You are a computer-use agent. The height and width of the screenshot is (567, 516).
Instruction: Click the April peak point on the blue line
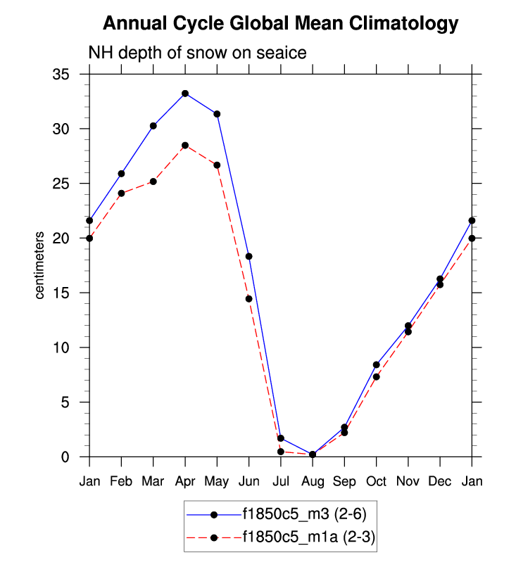[185, 94]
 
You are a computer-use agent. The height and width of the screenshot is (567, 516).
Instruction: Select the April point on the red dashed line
[185, 146]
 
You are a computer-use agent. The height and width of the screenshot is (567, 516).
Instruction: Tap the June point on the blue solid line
[248, 256]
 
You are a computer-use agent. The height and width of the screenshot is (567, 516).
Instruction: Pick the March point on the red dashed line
[153, 181]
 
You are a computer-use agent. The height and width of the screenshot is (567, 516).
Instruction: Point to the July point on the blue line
[280, 438]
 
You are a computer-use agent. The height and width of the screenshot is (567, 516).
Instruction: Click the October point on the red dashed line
[376, 377]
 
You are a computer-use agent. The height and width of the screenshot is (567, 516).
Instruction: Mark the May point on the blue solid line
[217, 114]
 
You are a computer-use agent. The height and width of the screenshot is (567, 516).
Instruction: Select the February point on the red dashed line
[121, 193]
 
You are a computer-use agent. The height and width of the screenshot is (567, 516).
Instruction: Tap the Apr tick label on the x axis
[185, 481]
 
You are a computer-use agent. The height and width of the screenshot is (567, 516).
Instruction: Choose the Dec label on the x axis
[440, 481]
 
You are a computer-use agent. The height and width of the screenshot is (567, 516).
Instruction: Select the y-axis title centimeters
[40, 265]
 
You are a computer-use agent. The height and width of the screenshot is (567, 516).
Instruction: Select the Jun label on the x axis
[248, 481]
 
